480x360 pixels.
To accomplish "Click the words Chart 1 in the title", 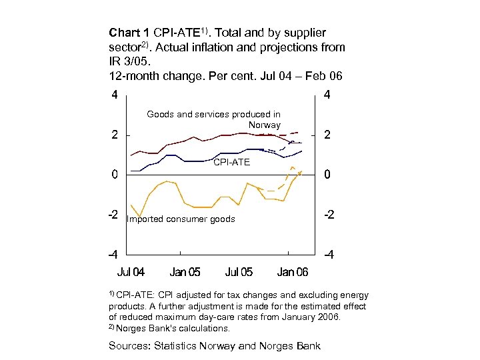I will click(129, 33).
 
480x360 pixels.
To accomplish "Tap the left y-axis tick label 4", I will click(115, 95).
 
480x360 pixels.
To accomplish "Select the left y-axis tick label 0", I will click(115, 175).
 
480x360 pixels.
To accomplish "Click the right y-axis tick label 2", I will click(327, 135).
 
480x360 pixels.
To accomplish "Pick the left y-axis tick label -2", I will click(113, 215).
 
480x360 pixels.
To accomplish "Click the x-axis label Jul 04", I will click(131, 272).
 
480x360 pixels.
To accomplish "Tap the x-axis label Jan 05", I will click(185, 272).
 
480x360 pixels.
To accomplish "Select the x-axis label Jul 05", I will click(239, 272).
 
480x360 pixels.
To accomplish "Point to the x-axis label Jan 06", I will click(293, 272).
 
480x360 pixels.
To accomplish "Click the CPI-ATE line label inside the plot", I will click(231, 162).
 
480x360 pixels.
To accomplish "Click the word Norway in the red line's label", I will click(264, 125).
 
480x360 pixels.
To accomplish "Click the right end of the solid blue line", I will click(301, 151).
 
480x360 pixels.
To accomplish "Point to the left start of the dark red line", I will click(131, 155).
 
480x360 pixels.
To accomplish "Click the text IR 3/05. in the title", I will click(127, 61).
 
